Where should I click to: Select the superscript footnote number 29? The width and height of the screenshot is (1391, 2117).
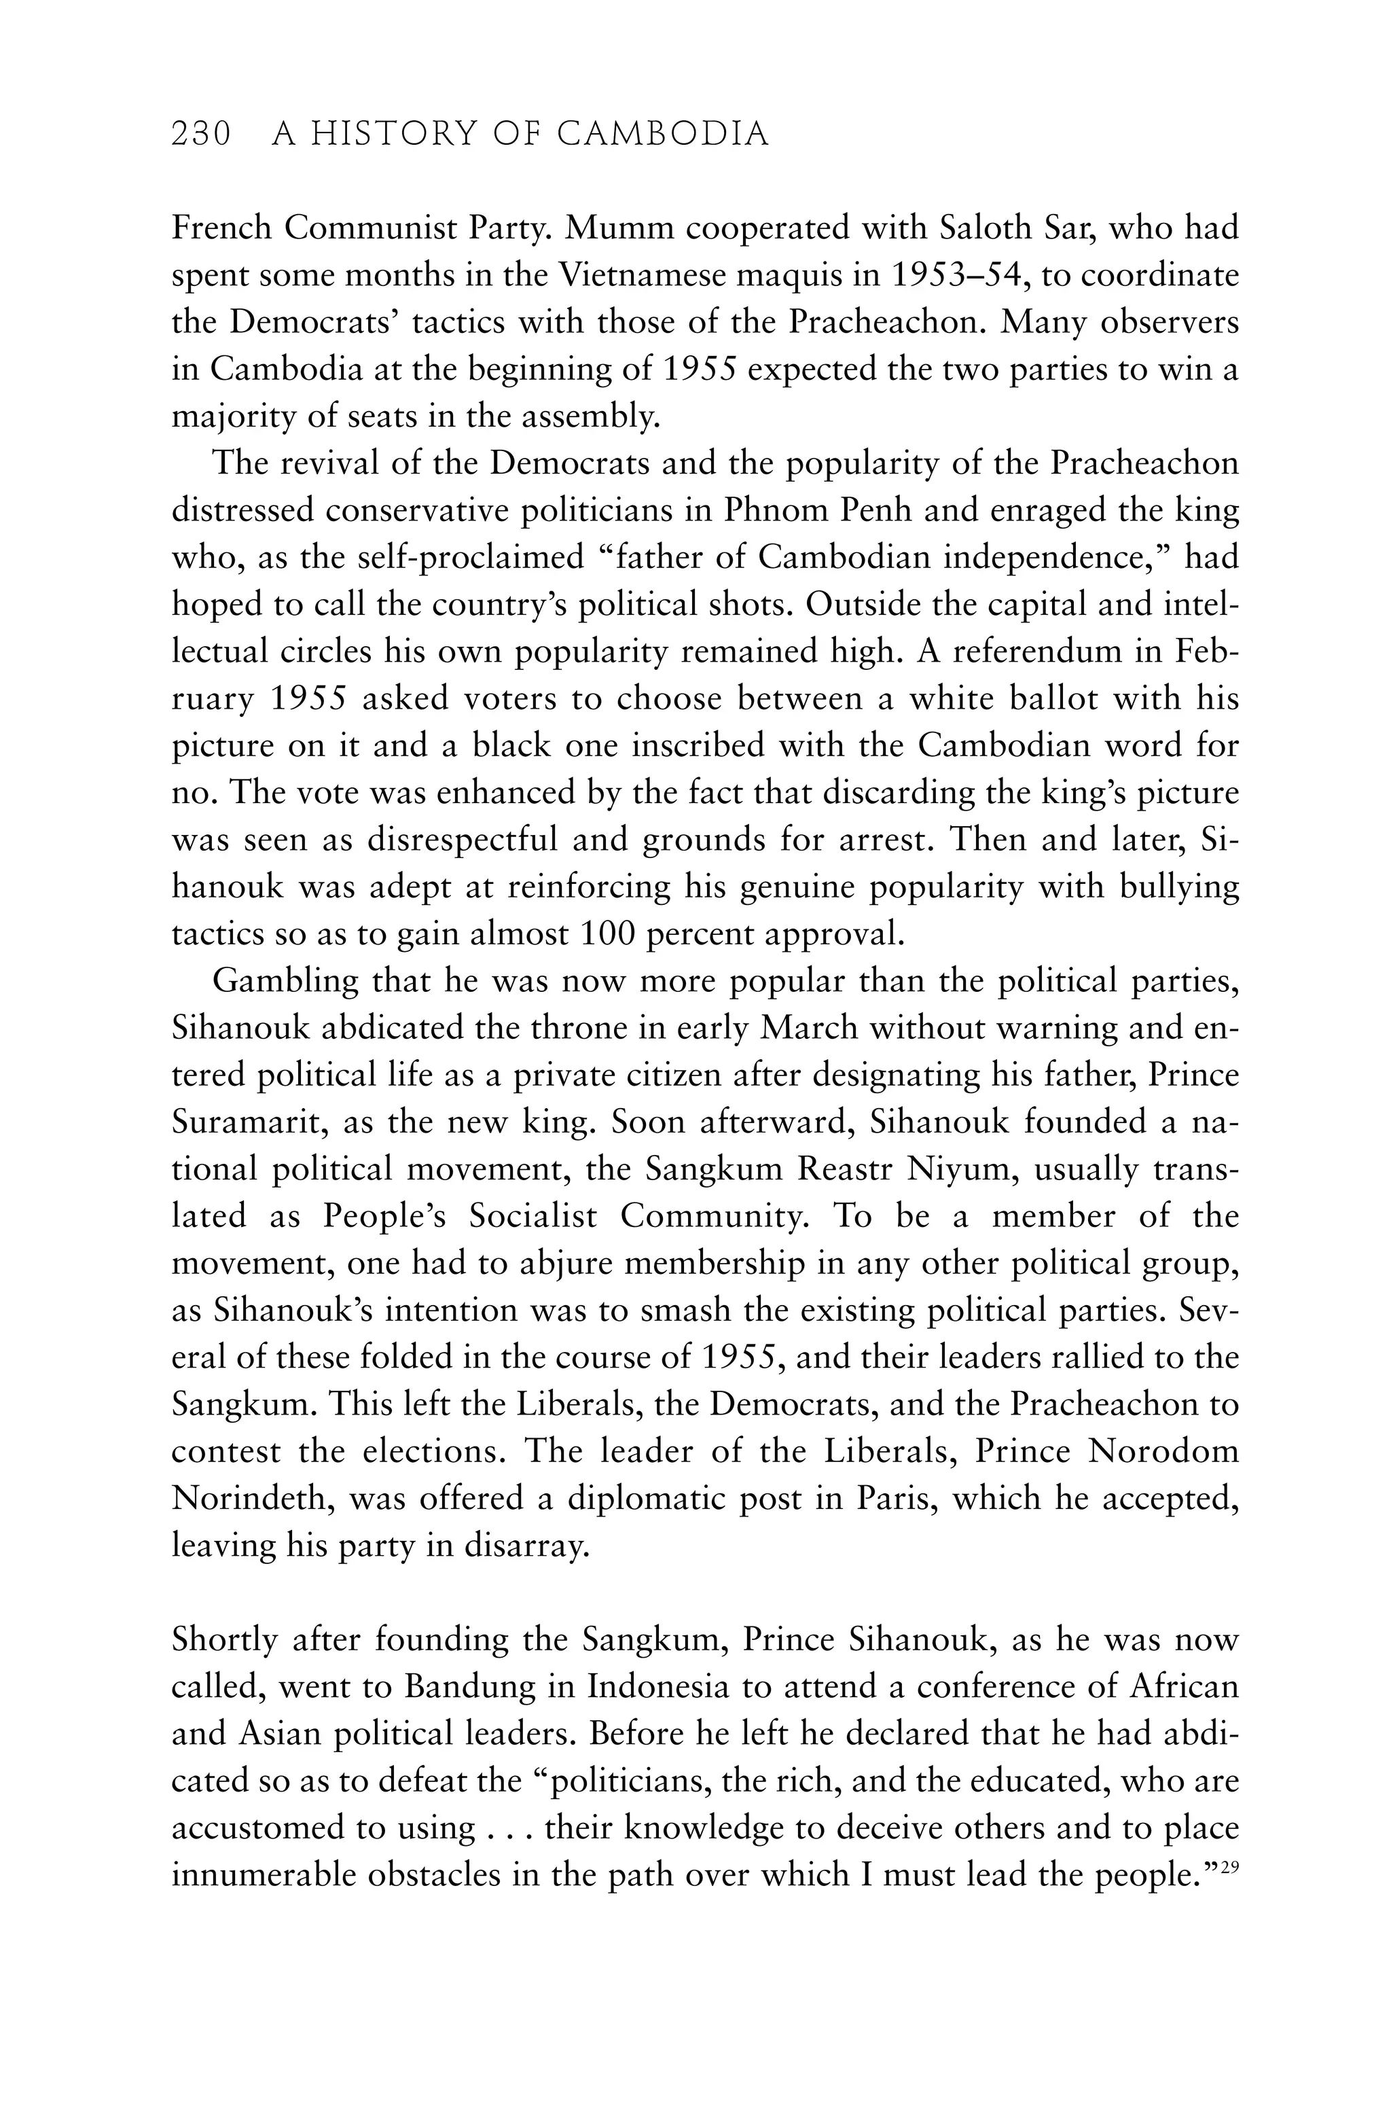1229,1865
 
